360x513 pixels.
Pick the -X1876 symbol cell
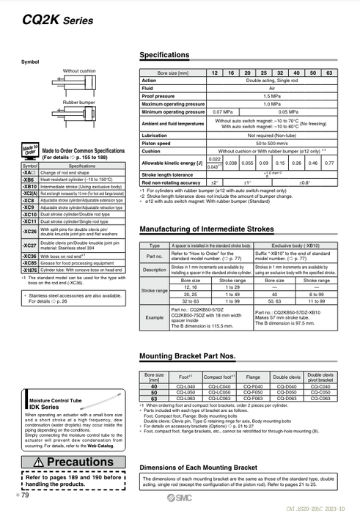(29, 270)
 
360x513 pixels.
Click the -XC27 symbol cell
(29, 245)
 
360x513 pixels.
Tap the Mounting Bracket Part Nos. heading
(187, 357)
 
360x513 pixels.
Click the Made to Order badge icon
(30, 151)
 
